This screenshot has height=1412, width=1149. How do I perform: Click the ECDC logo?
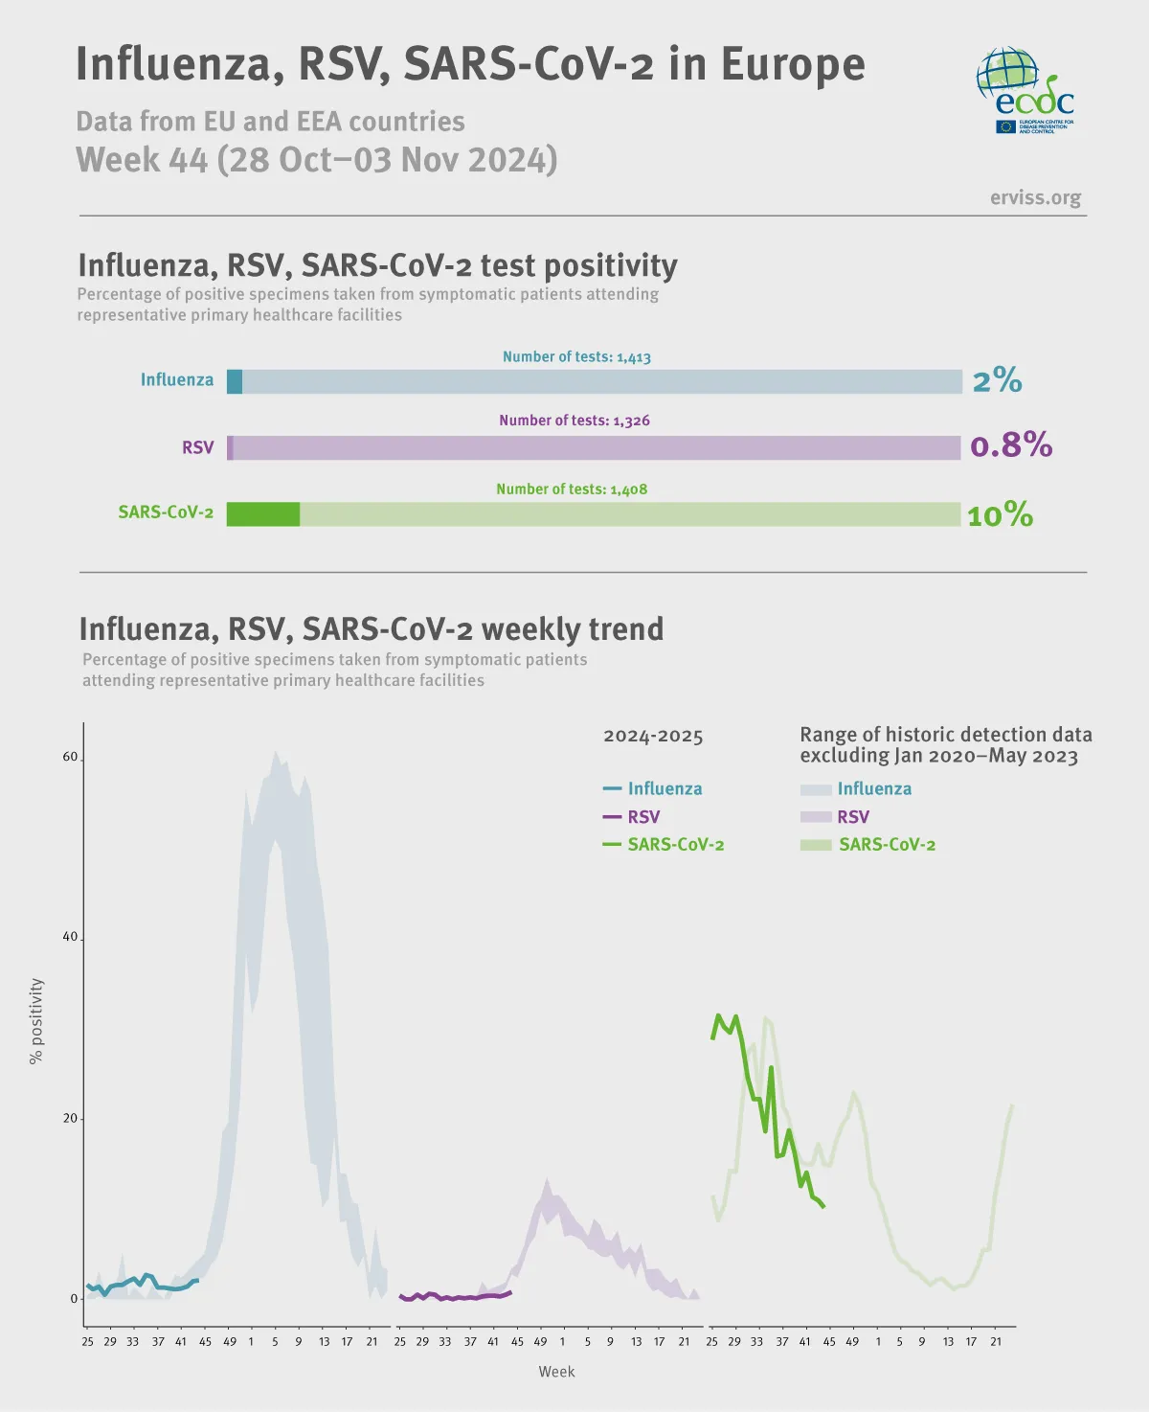(x=1025, y=91)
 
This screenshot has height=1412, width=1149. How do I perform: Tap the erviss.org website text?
(x=1035, y=197)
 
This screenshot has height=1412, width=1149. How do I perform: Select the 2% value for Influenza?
(x=997, y=380)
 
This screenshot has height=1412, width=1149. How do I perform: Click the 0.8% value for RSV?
(x=1011, y=444)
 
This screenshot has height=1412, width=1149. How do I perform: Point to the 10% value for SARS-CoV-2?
(x=1000, y=515)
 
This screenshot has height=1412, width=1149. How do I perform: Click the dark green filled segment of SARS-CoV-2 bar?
(x=263, y=514)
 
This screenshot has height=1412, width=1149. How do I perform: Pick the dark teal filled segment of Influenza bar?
(x=235, y=381)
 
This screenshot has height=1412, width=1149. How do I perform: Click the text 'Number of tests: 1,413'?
(x=576, y=356)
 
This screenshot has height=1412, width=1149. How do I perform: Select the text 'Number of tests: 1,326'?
(x=574, y=421)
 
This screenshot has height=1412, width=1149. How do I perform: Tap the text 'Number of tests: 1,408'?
(x=572, y=489)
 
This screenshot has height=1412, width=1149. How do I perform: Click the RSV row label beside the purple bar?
(x=198, y=447)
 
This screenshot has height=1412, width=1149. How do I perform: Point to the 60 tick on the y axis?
(x=70, y=757)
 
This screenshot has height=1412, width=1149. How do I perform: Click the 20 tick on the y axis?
(x=70, y=1118)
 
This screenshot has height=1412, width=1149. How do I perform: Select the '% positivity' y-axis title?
(x=36, y=1020)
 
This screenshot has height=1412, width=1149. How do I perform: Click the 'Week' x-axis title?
(x=556, y=1371)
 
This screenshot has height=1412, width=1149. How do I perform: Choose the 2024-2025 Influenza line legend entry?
(x=653, y=788)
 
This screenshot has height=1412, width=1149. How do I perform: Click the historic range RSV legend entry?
(x=835, y=816)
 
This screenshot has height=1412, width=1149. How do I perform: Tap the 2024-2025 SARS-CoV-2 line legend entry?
(x=664, y=844)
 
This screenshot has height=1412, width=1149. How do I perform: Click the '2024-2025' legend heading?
(x=653, y=736)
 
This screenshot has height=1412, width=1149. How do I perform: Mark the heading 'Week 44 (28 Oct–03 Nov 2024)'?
(x=317, y=159)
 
